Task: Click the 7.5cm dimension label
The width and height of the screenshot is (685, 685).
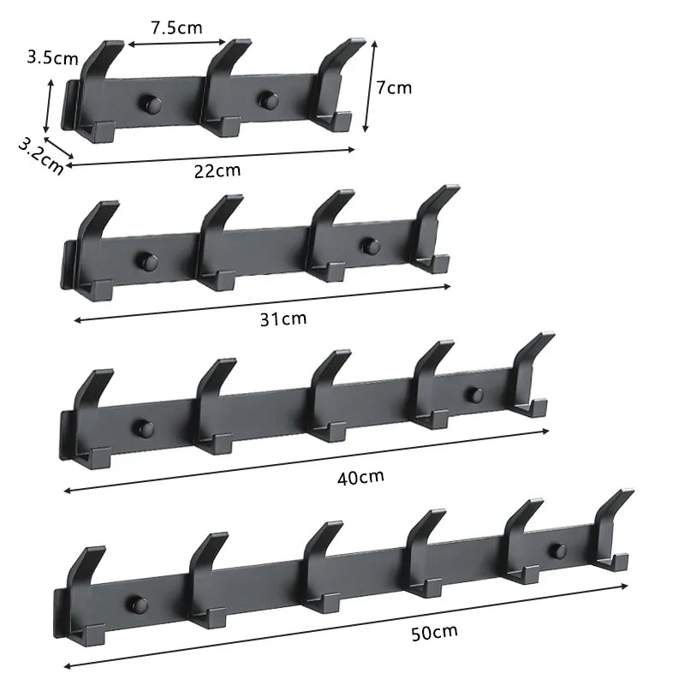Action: coord(176,27)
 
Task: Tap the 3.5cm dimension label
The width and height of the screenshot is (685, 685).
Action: coord(52,58)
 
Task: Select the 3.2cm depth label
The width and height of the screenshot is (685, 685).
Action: coord(40,155)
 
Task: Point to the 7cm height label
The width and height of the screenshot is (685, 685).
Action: coord(395,87)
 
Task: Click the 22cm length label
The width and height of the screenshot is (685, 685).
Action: coord(217,170)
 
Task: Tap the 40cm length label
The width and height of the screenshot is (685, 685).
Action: coord(360,476)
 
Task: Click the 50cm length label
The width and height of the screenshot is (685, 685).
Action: coord(433,633)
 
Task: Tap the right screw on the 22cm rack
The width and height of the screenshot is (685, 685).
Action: coord(267,101)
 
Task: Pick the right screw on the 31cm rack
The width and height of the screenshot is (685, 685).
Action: coord(369,247)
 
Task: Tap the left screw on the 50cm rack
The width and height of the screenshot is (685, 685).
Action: coord(135,604)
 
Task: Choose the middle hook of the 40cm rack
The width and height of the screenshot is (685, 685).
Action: coord(327,394)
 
